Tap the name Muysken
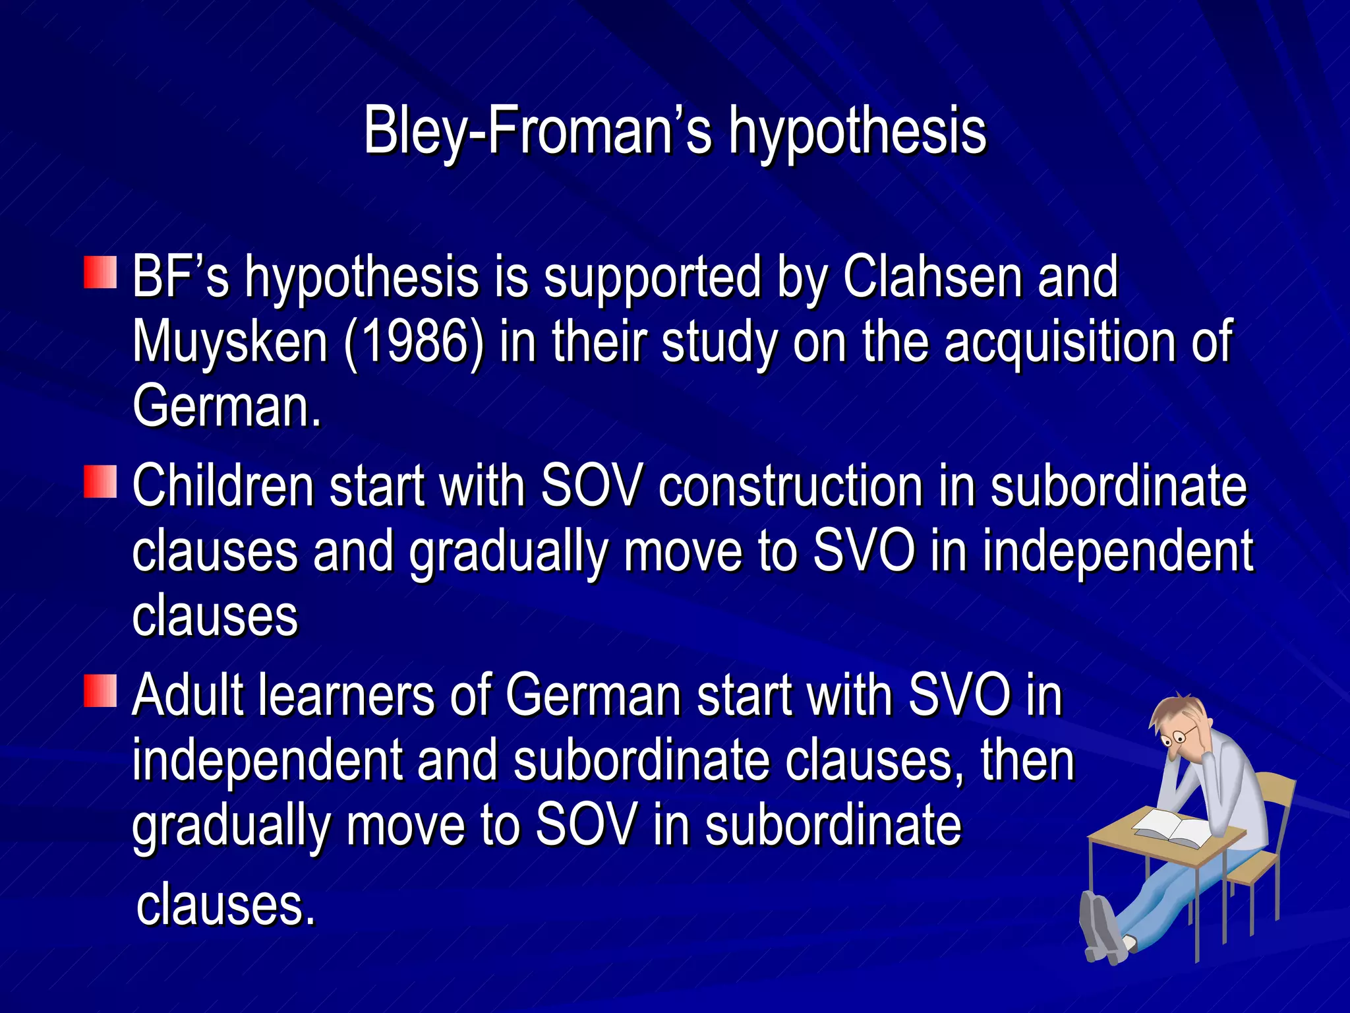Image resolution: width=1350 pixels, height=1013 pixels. (230, 342)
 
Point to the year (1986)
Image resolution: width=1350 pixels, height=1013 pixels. (413, 342)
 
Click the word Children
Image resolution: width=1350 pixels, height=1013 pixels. (223, 487)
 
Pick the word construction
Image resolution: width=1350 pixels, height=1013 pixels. (790, 487)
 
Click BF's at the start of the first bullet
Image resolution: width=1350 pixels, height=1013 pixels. (180, 277)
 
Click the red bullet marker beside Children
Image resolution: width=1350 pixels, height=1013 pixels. (100, 481)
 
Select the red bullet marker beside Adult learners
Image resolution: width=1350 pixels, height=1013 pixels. (100, 691)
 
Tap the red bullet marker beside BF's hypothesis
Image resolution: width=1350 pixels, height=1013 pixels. (100, 272)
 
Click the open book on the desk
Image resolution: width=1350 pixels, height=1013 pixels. (1173, 828)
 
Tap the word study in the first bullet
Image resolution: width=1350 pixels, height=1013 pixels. (719, 342)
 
